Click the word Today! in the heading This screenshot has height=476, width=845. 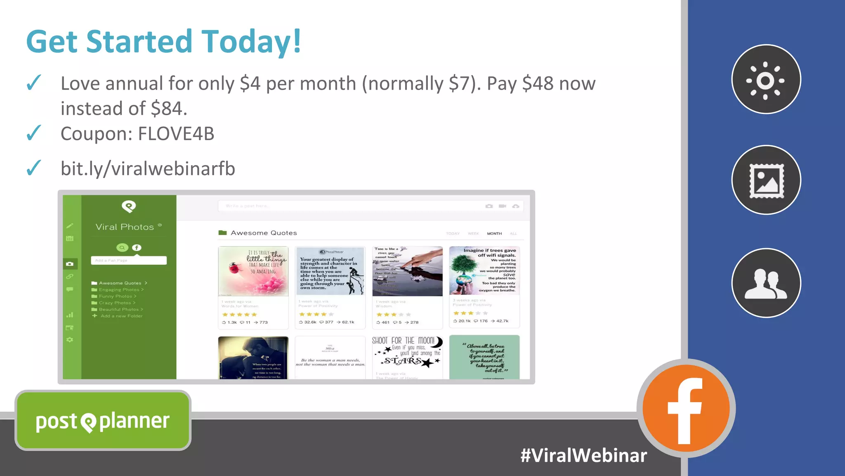pyautogui.click(x=251, y=42)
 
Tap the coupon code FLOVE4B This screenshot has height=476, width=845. pyautogui.click(x=176, y=134)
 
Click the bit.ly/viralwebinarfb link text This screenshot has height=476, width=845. pyautogui.click(x=148, y=168)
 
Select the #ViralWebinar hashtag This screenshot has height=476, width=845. pyautogui.click(x=583, y=455)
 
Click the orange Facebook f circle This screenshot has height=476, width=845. pyautogui.click(x=686, y=408)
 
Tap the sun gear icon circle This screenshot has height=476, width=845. pyautogui.click(x=766, y=79)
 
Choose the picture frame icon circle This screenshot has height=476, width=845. pyautogui.click(x=766, y=180)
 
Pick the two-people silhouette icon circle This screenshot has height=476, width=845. pyautogui.click(x=766, y=283)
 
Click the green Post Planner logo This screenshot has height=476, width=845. pyautogui.click(x=103, y=421)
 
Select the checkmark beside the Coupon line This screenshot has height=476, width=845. pyautogui.click(x=34, y=133)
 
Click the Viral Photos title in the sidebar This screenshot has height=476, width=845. pyautogui.click(x=125, y=227)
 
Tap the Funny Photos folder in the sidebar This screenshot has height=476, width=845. pyautogui.click(x=115, y=296)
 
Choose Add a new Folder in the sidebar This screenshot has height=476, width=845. pyautogui.click(x=121, y=316)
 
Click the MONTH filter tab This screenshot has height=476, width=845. pyautogui.click(x=494, y=234)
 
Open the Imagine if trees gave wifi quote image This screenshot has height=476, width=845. pyautogui.click(x=484, y=271)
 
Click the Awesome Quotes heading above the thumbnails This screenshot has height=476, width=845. pyautogui.click(x=264, y=233)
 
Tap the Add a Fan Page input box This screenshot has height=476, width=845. pyautogui.click(x=129, y=260)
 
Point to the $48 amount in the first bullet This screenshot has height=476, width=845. pyautogui.click(x=538, y=83)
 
